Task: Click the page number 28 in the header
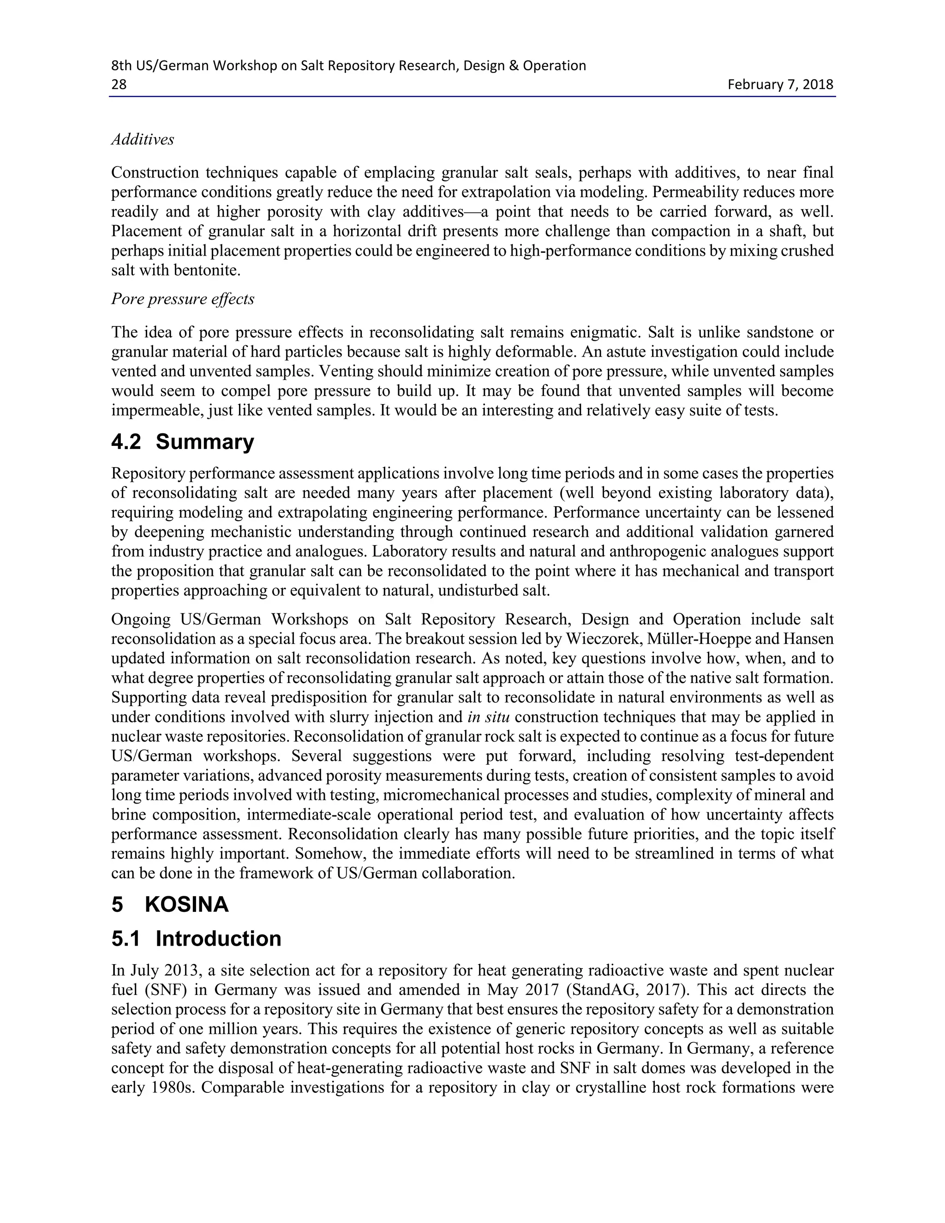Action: tap(119, 84)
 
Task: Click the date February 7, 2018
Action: tap(780, 84)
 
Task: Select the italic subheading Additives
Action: tap(142, 139)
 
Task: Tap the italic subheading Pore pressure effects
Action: tap(183, 299)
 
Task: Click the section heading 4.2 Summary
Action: tap(183, 442)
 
